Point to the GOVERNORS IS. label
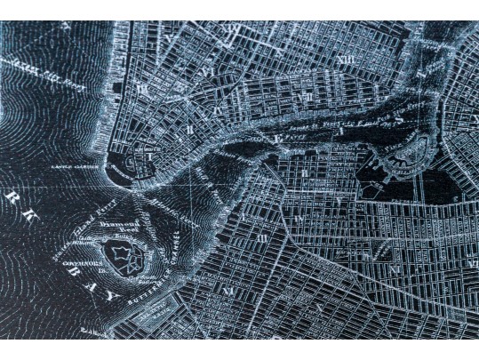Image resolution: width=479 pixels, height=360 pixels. (81, 264)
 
